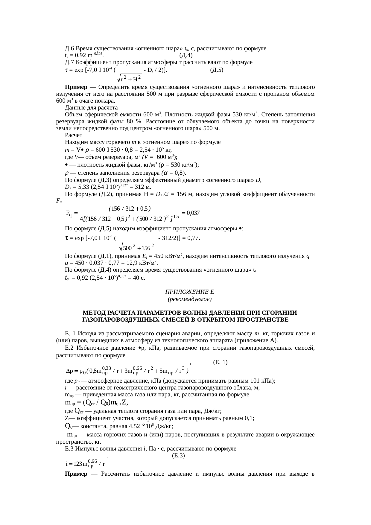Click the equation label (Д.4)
185,55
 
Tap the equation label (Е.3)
178,456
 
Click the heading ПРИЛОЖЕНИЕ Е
189,292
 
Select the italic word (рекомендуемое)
189,299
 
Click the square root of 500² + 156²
137,248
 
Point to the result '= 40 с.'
136,278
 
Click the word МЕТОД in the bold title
93,313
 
